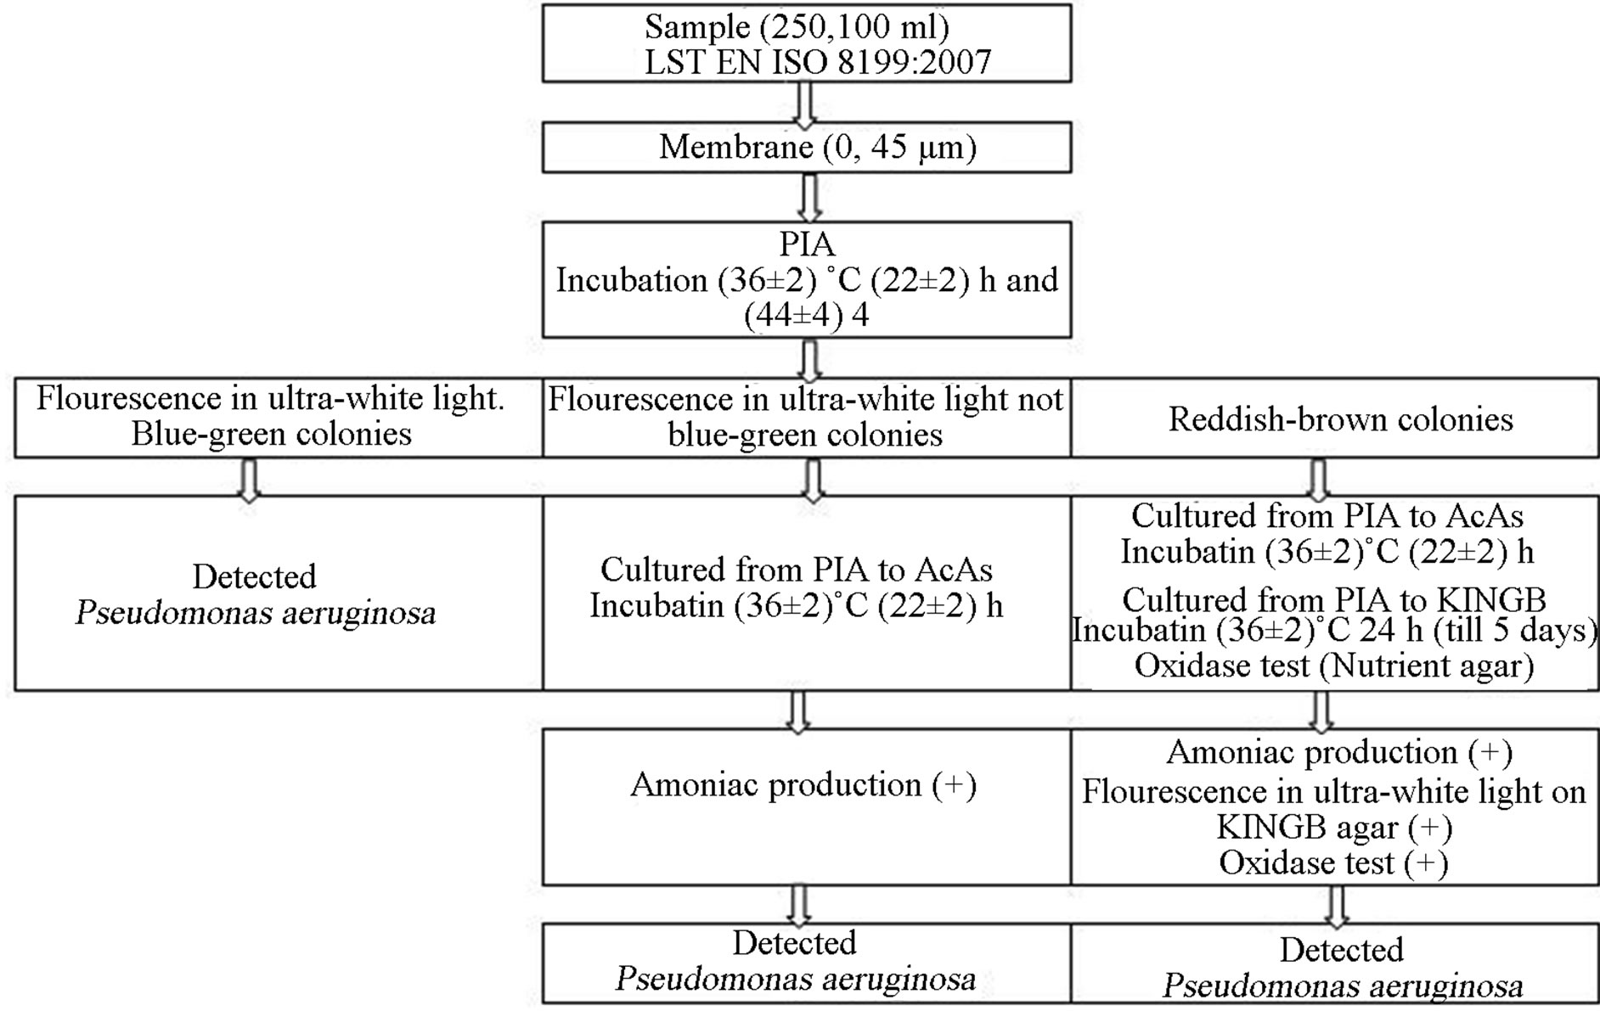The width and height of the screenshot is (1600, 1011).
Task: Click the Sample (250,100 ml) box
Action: coord(806,43)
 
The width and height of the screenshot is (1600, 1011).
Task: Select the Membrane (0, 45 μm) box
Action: coord(806,148)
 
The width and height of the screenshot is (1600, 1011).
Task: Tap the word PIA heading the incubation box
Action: coord(807,244)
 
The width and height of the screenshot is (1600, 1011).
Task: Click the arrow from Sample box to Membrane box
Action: coord(803,103)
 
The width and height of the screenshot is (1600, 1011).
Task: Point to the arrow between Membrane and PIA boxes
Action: coord(810,198)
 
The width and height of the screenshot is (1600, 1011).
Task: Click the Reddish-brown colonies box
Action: coord(1340,419)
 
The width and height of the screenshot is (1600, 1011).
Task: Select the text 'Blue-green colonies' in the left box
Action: coord(271,434)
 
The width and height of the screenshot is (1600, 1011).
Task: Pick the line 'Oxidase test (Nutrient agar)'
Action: coord(1333,666)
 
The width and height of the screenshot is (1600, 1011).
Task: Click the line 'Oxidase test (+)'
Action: coord(1333,863)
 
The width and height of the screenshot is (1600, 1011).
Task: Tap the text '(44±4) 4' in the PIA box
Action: coord(807,316)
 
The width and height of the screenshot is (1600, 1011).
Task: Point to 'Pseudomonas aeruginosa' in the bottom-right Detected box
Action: coord(1342,986)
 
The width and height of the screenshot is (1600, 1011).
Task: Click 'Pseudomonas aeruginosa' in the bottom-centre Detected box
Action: coord(796,979)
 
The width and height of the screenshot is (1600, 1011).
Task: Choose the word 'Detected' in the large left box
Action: coord(254,577)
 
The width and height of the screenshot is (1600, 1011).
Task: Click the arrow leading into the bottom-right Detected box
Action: coord(1336,906)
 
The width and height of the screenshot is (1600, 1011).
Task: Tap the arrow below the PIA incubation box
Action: coord(810,360)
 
